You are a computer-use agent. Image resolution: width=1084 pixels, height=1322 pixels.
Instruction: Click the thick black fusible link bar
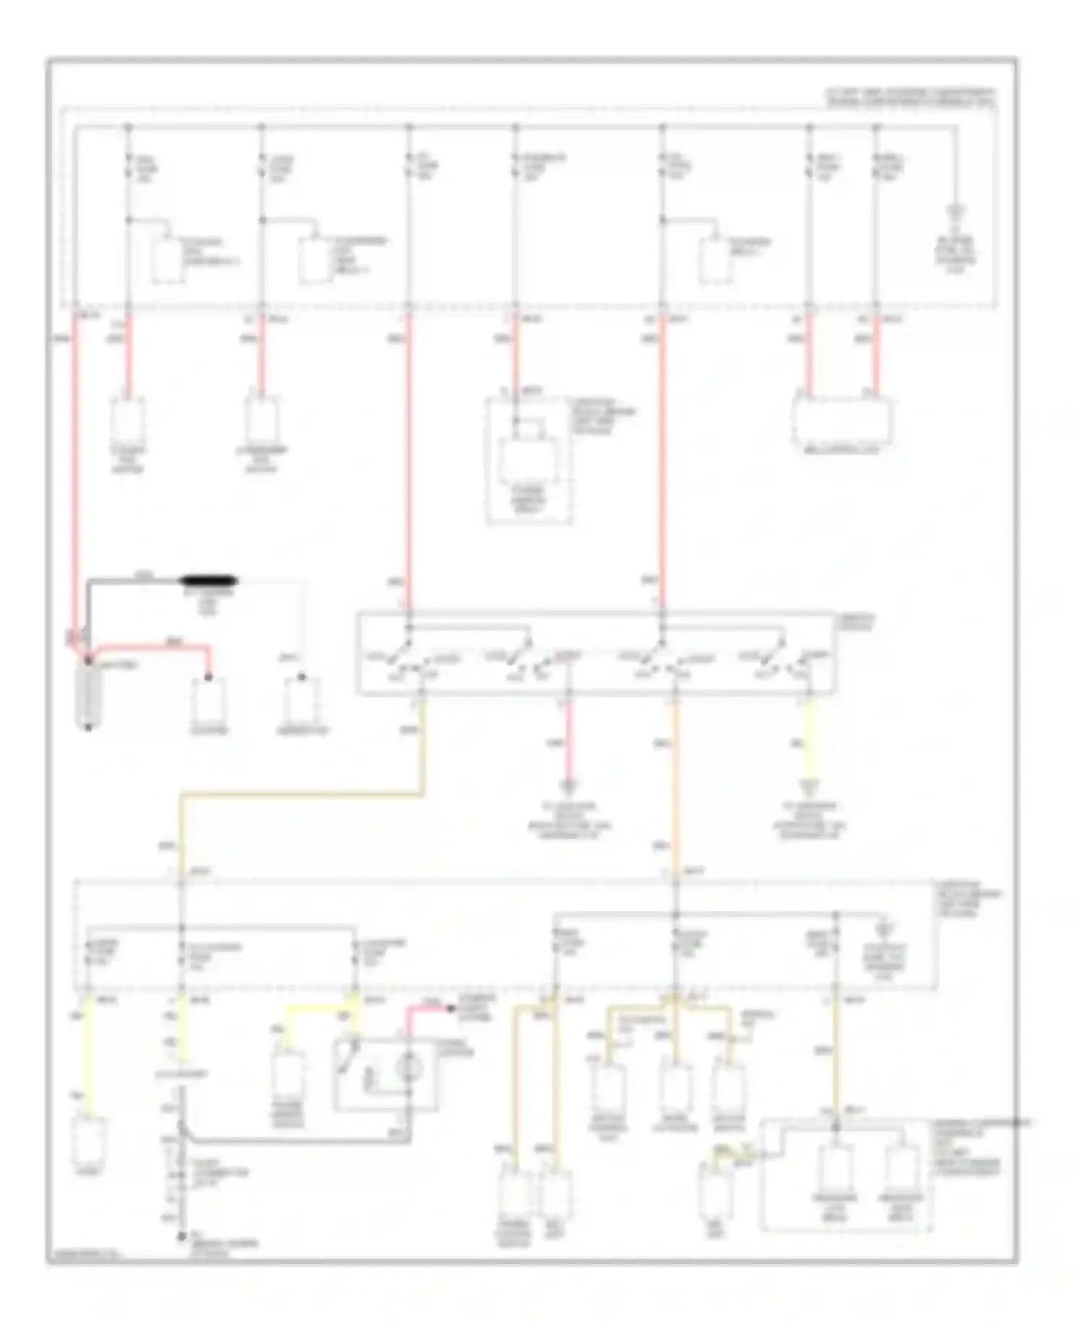(209, 581)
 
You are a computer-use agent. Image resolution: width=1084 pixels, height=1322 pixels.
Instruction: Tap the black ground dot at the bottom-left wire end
(181, 1237)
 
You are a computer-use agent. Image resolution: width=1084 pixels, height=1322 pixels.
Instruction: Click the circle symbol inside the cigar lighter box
(409, 1067)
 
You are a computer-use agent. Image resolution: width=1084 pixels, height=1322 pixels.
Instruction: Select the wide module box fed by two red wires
(842, 420)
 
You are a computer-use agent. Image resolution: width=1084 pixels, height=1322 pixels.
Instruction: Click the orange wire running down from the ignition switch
(676, 781)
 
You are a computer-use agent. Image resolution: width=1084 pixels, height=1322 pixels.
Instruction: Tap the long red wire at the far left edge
(74, 470)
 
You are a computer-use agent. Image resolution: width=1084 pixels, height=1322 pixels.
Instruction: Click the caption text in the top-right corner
(911, 98)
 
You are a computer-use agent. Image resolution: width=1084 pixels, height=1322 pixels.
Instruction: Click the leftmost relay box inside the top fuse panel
(167, 259)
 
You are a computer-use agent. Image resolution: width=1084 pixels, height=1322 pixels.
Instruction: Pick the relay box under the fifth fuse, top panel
(715, 259)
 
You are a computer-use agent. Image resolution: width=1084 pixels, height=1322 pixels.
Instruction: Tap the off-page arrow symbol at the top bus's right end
(956, 213)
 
